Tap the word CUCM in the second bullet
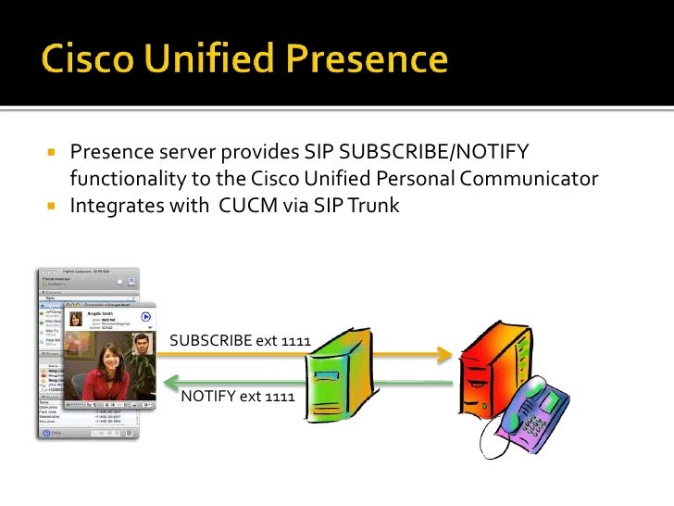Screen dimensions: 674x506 point(249,205)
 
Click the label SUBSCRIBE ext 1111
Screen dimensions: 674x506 point(239,340)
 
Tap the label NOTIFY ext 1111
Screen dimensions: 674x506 point(238,397)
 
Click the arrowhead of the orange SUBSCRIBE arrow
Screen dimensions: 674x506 point(445,354)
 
